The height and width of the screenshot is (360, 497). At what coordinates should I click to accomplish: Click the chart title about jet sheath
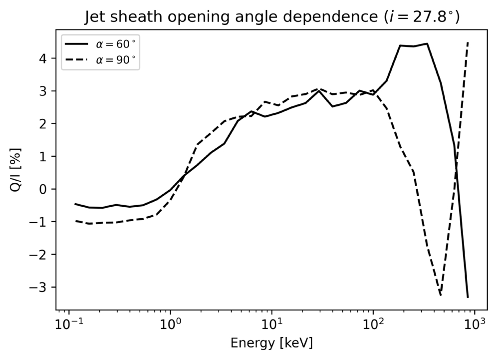click(272, 16)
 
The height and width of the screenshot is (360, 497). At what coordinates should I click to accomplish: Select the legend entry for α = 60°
click(100, 44)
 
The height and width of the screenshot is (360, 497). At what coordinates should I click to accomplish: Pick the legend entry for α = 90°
click(100, 59)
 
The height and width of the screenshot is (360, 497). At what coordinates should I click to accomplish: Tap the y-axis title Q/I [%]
click(15, 170)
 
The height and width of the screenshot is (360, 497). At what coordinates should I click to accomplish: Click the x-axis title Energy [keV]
click(271, 343)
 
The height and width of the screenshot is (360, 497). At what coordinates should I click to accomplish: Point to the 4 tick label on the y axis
click(44, 58)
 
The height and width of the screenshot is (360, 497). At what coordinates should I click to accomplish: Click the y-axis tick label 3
click(44, 91)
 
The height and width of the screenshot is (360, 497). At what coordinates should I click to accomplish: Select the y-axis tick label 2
click(44, 124)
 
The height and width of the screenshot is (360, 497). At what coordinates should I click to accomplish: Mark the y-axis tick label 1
click(44, 156)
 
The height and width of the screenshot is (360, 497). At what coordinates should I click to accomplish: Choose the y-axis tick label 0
click(44, 189)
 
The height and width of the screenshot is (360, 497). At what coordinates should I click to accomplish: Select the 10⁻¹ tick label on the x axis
click(68, 325)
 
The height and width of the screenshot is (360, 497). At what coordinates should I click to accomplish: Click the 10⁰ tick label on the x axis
click(170, 325)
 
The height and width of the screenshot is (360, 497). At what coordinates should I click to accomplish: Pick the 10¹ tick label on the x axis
click(271, 325)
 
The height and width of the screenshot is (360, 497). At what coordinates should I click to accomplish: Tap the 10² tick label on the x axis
click(373, 325)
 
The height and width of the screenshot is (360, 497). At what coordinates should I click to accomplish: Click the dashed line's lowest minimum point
click(441, 295)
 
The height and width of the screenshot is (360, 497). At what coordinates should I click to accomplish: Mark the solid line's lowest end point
click(468, 297)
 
